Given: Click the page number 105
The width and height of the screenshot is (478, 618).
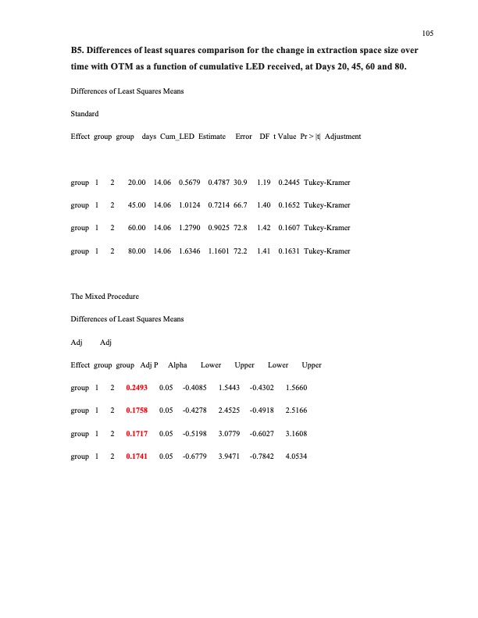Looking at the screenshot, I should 427,34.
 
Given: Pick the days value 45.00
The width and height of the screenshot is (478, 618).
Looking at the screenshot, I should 137,206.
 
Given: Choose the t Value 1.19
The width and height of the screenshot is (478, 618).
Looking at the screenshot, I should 264,183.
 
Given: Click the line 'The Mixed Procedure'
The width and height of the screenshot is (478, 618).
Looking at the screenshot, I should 105,297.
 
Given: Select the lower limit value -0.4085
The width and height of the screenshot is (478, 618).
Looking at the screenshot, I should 194,387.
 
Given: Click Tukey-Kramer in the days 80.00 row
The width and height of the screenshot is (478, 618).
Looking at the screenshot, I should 327,252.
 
